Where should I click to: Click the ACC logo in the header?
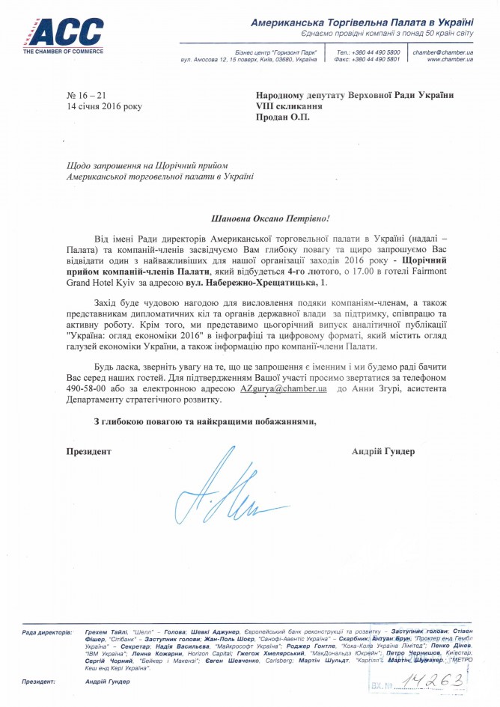click(63, 33)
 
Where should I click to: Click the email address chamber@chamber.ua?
click(443, 52)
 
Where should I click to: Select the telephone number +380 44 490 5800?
click(374, 52)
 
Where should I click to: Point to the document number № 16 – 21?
click(87, 95)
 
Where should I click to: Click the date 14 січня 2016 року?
click(103, 106)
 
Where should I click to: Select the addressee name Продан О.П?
click(282, 117)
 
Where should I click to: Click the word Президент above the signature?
click(89, 451)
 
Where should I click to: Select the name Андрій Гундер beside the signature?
click(382, 451)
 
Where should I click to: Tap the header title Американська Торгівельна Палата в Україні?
click(362, 25)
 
